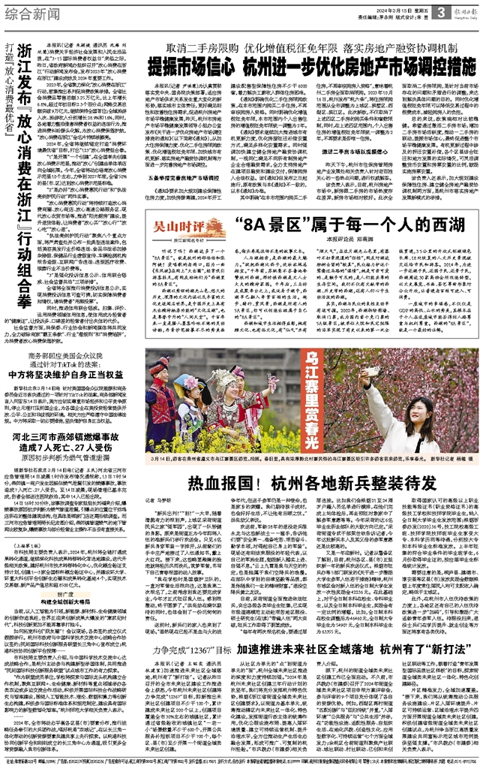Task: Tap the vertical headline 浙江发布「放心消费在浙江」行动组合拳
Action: (x=23, y=161)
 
